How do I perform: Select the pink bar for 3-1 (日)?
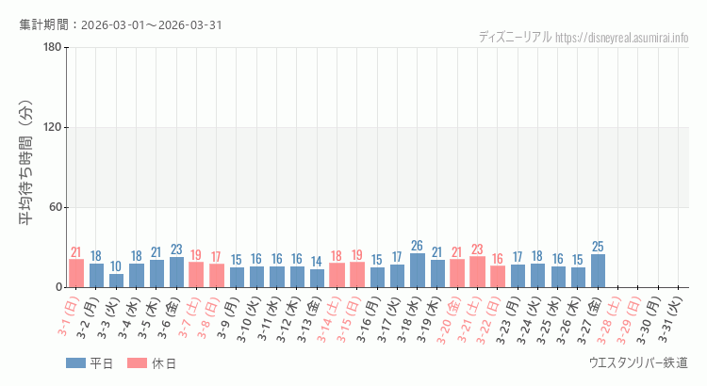point(76,273)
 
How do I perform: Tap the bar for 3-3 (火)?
point(116,281)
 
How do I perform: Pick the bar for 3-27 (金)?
point(598,271)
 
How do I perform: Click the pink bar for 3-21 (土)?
point(477,272)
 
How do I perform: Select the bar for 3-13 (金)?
point(317,278)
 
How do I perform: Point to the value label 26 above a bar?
point(417,246)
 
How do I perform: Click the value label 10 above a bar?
point(116,266)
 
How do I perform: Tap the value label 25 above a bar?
point(598,247)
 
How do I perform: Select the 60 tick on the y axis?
point(54,208)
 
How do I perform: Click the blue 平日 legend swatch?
point(75,363)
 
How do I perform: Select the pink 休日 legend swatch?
point(137,363)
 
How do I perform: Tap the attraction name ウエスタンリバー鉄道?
point(638,363)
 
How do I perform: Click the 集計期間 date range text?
point(121,24)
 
